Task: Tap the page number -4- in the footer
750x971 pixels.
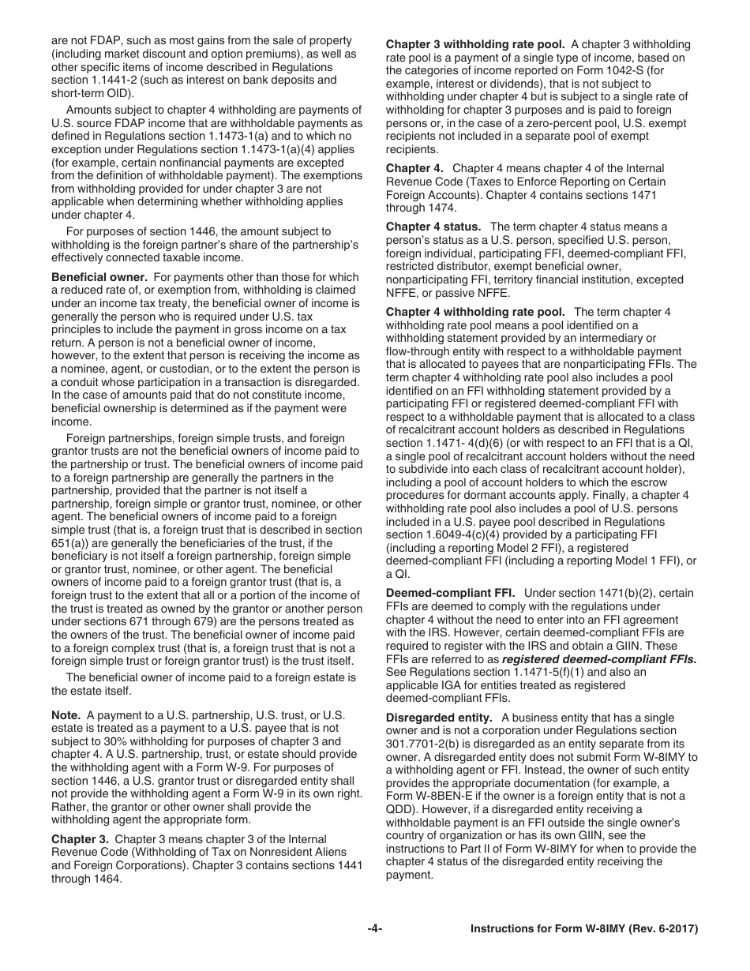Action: point(375,929)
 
